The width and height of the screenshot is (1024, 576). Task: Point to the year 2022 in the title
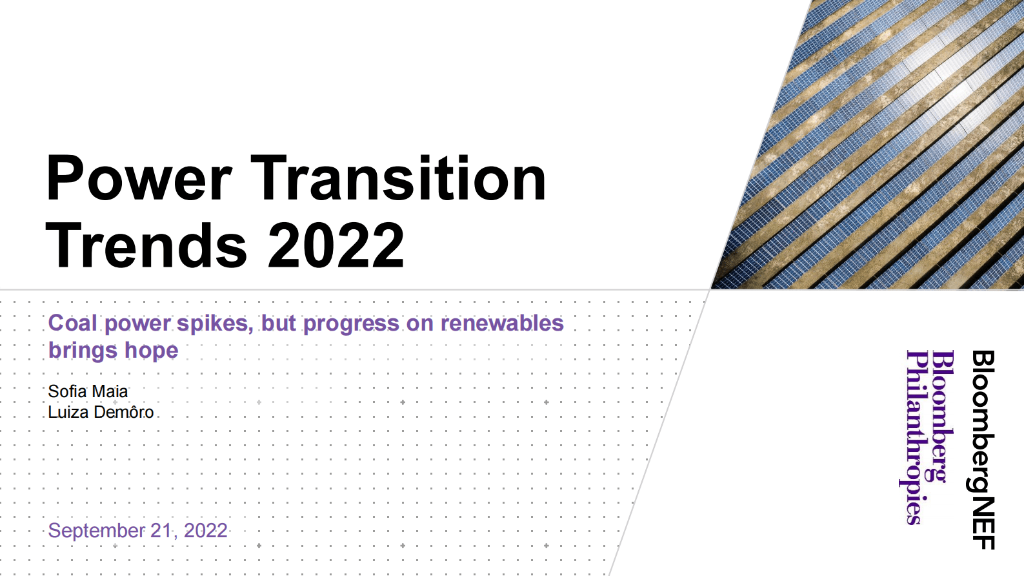336,245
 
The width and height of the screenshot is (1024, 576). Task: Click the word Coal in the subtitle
72,323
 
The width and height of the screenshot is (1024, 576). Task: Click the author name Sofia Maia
88,391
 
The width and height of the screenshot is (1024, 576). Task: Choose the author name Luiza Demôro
101,412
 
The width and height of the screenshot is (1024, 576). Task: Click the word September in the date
96,530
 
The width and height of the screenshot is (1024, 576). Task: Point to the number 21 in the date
161,530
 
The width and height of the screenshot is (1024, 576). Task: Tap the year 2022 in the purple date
205,530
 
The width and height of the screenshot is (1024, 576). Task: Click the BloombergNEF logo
983,449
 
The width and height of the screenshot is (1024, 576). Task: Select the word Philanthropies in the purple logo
914,437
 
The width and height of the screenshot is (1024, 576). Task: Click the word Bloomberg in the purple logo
942,417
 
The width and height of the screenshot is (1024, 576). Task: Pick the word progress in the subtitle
351,323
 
